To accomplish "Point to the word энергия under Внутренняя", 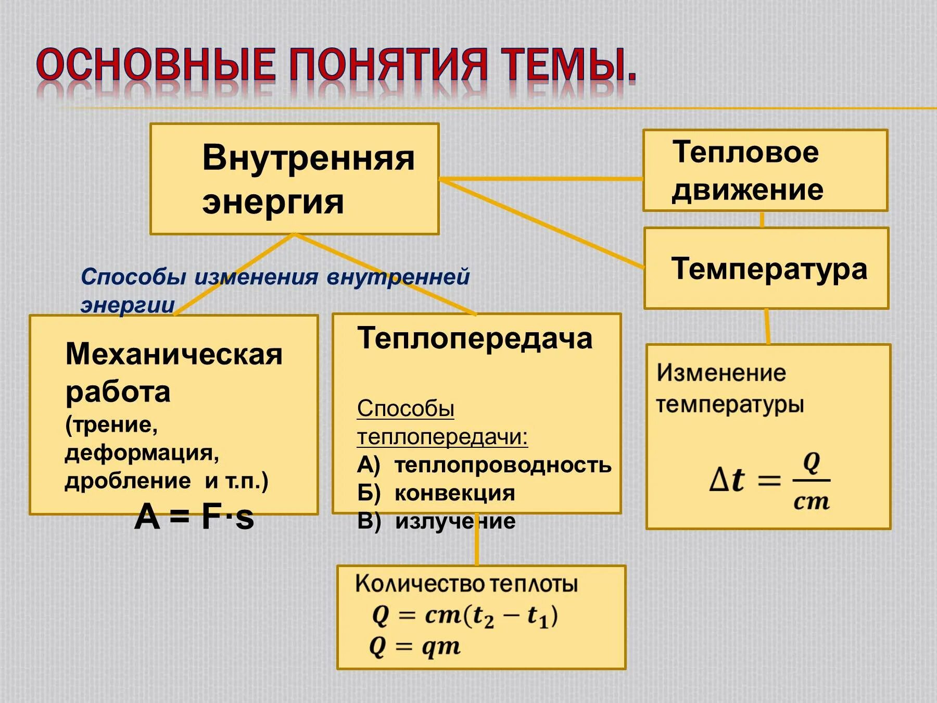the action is click(x=273, y=202).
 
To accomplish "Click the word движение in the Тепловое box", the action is click(x=748, y=190).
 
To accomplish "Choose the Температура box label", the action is click(x=769, y=269).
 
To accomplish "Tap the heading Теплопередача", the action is click(x=474, y=338).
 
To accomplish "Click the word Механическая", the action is click(x=174, y=355).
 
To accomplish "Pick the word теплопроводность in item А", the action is click(x=502, y=465).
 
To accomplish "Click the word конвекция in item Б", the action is click(x=454, y=493).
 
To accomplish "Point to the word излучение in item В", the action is click(x=455, y=521).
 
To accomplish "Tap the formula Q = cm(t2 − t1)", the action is click(x=465, y=616).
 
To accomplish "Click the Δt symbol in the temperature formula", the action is click(x=727, y=480).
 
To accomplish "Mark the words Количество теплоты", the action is click(x=466, y=584).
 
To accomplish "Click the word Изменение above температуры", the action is click(x=721, y=373).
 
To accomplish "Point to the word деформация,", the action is click(x=142, y=453).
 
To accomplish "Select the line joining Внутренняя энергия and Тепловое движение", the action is click(x=541, y=179).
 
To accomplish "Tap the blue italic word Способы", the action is click(x=133, y=277).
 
